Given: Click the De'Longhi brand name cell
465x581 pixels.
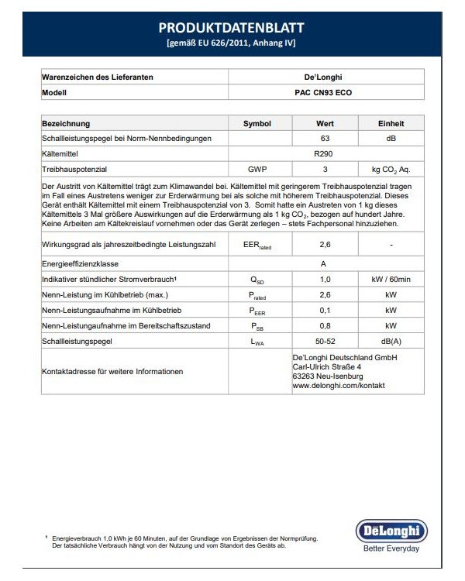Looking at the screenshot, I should pos(325,77).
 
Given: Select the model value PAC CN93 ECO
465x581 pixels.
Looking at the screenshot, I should pos(325,91).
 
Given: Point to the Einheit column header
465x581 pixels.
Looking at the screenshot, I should pos(390,123).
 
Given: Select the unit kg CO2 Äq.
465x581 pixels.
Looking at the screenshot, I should pos(390,168).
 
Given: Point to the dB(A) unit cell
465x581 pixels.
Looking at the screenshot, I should pos(390,340).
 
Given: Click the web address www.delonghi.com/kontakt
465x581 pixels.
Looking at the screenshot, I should pos(338,385).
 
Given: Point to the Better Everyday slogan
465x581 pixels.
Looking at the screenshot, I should pos(391,548).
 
